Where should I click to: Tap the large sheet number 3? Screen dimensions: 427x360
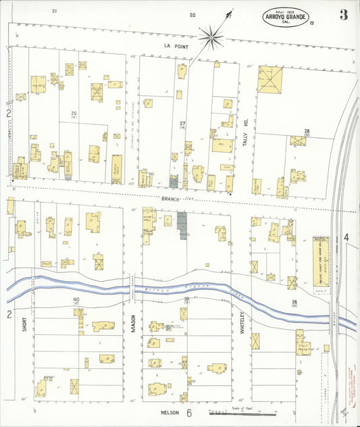pos(344,15)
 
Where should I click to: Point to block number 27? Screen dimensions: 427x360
pos(182,122)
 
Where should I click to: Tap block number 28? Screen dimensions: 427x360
pos(307,130)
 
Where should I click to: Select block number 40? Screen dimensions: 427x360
pos(76,299)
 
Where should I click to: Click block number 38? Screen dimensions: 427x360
pos(294,301)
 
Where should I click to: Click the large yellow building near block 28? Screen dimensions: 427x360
pos(271,80)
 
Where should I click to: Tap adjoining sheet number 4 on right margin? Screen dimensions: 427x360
pos(346,237)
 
